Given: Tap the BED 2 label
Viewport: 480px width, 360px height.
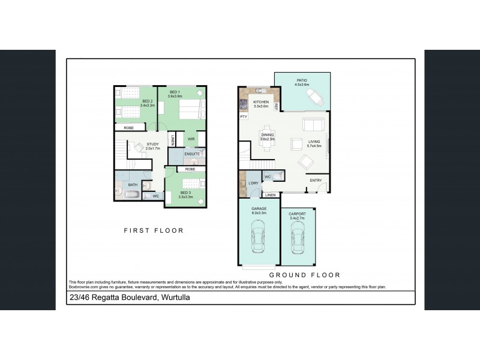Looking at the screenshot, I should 148,101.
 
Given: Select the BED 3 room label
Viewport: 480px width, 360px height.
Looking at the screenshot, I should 186,193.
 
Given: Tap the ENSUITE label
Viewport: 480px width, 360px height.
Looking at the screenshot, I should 191,154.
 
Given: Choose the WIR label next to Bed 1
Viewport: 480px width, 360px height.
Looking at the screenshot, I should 191,139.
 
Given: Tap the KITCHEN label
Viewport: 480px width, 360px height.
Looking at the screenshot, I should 260,103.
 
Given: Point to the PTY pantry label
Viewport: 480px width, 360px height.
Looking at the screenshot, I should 244,116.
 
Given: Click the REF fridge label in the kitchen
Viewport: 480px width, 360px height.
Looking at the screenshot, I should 277,106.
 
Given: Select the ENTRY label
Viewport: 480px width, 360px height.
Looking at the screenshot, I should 315,181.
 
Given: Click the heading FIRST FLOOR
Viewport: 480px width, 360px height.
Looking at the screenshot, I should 154,230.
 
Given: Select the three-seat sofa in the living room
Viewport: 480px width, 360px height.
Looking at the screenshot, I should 314,125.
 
